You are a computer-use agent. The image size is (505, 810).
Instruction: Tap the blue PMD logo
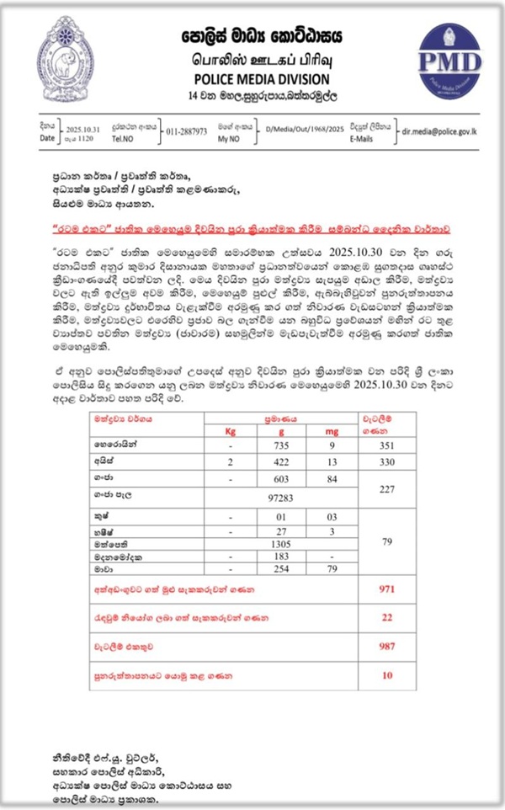(x=450, y=60)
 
